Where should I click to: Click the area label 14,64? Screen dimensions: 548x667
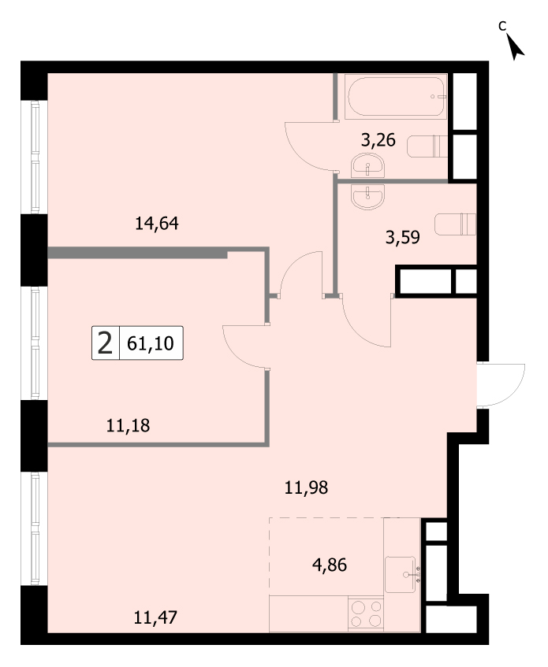tap(156, 224)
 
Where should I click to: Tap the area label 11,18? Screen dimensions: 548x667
tap(128, 425)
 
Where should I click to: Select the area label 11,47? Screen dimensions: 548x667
tap(155, 617)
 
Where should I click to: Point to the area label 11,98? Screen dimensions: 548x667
tap(306, 487)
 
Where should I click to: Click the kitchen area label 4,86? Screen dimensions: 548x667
tap(330, 565)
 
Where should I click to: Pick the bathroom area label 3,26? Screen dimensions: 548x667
tap(378, 139)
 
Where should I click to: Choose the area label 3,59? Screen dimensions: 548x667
tap(402, 237)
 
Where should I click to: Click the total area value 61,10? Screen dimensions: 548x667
tap(151, 343)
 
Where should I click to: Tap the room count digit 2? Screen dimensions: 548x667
tap(105, 343)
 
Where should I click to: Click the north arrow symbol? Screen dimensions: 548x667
tap(516, 46)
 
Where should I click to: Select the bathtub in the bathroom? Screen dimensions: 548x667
tap(396, 96)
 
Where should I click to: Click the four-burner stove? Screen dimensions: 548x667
tap(366, 613)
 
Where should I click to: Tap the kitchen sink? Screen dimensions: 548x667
tap(401, 574)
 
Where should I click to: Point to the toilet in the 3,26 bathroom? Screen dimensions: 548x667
tap(427, 146)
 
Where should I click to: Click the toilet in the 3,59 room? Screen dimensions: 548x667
tap(455, 224)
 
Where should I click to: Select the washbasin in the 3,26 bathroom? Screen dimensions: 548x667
tap(367, 166)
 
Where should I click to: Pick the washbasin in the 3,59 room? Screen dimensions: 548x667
tap(368, 197)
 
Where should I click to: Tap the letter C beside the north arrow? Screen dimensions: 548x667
tap(502, 26)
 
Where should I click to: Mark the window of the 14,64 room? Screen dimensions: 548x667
tap(35, 157)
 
